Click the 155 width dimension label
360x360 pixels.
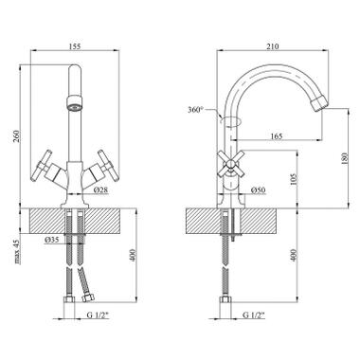pyautogui.click(x=75, y=46)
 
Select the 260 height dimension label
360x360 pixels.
pyautogui.click(x=17, y=135)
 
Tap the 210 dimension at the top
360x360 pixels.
pyautogui.click(x=273, y=46)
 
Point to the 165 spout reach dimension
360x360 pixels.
pyautogui.click(x=277, y=136)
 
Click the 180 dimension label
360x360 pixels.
pyautogui.click(x=345, y=159)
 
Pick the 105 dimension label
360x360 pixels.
pyautogui.click(x=294, y=179)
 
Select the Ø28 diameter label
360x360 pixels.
pyautogui.click(x=101, y=190)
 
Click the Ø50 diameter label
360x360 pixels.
pyautogui.click(x=258, y=190)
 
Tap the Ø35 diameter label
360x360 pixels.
pyautogui.click(x=52, y=240)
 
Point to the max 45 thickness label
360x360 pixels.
pyautogui.click(x=17, y=252)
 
